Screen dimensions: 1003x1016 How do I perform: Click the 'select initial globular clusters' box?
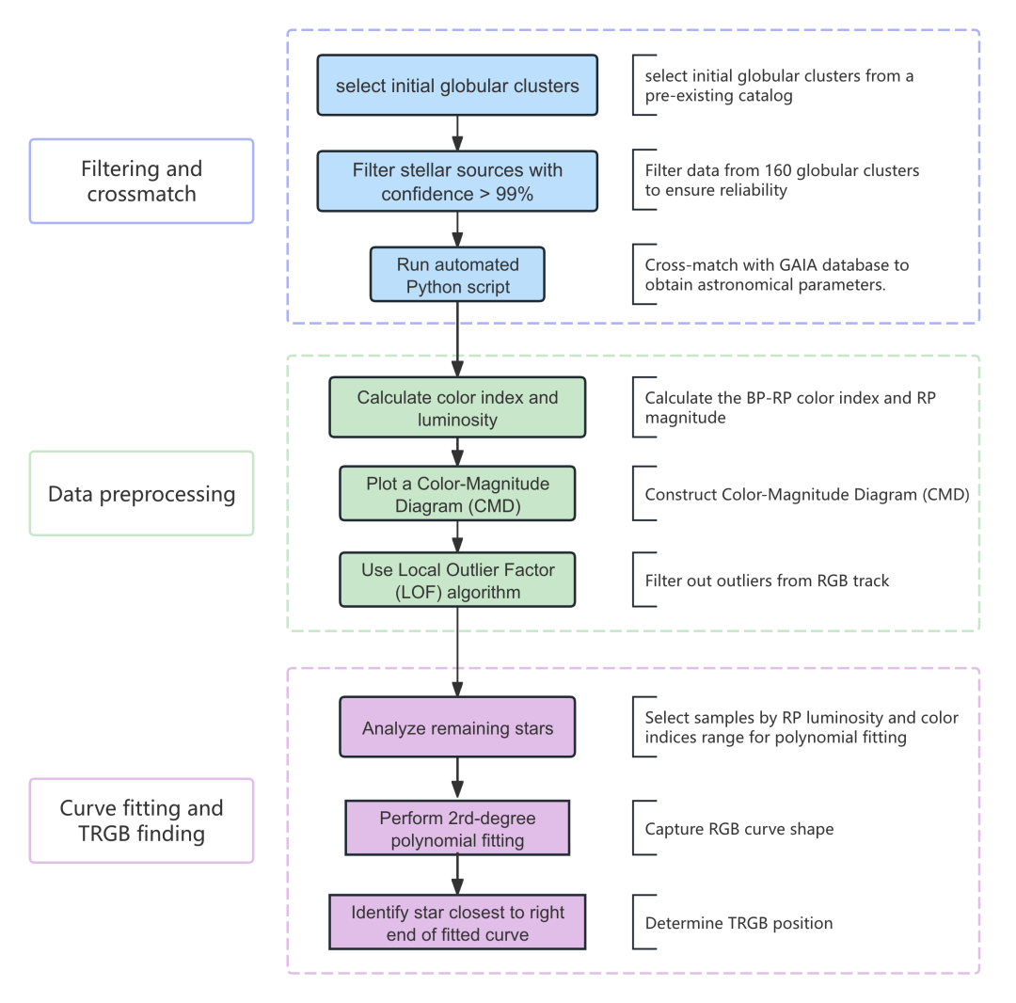pyautogui.click(x=457, y=86)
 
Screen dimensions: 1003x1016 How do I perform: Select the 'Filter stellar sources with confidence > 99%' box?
pyautogui.click(x=457, y=182)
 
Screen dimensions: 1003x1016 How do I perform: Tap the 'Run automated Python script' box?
pyautogui.click(x=457, y=275)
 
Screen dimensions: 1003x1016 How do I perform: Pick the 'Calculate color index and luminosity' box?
pyautogui.click(x=457, y=407)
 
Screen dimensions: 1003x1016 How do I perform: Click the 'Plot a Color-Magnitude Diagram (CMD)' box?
pyautogui.click(x=457, y=494)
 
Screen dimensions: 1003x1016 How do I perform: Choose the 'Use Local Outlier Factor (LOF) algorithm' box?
pyautogui.click(x=457, y=581)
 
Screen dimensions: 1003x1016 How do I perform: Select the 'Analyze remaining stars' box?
pyautogui.click(x=457, y=727)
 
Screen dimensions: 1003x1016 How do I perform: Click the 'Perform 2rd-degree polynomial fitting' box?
pyautogui.click(x=457, y=828)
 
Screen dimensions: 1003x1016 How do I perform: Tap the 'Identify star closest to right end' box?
pyautogui.click(x=457, y=922)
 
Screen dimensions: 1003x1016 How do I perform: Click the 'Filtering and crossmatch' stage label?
pyautogui.click(x=142, y=181)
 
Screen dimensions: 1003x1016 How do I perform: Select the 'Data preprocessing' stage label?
pyautogui.click(x=142, y=493)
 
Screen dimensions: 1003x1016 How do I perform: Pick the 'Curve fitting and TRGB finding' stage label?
pyautogui.click(x=142, y=820)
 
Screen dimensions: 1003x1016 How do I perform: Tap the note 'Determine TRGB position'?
pyautogui.click(x=738, y=923)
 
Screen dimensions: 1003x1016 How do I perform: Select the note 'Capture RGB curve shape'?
pyautogui.click(x=738, y=829)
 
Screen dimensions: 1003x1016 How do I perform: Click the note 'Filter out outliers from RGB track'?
pyautogui.click(x=767, y=581)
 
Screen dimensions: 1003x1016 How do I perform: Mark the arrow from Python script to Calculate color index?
pyautogui.click(x=457, y=340)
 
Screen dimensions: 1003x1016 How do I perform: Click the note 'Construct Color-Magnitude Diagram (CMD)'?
pyautogui.click(x=806, y=494)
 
